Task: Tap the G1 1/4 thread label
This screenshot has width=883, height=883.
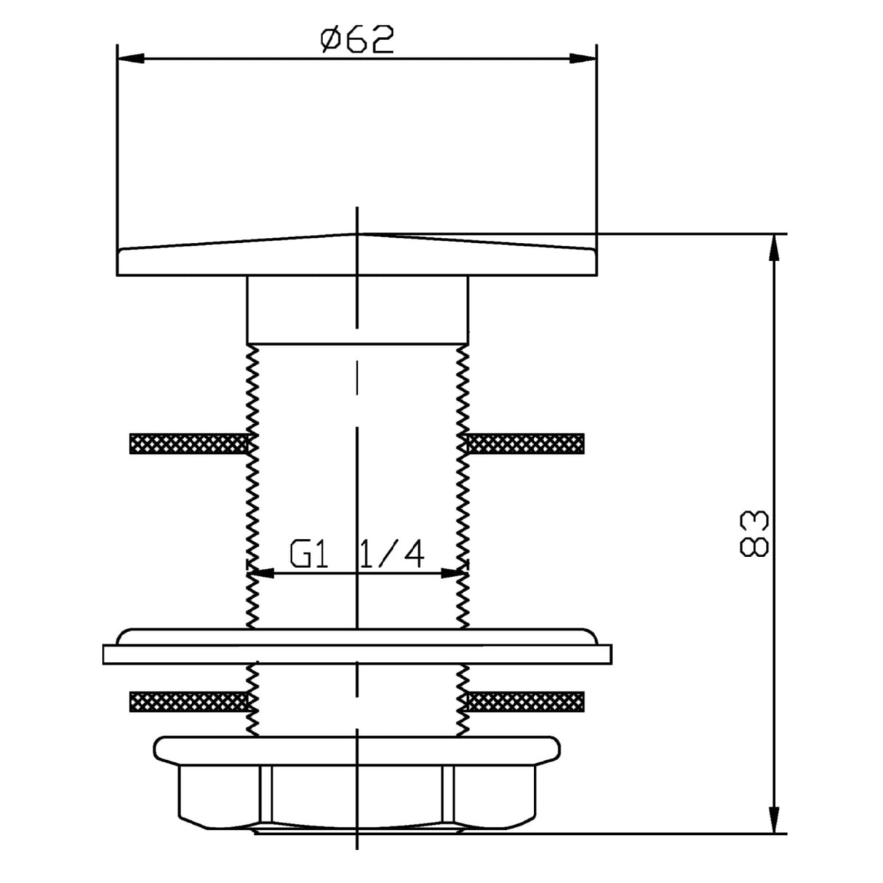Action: (356, 556)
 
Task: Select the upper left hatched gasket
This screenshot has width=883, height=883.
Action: (188, 444)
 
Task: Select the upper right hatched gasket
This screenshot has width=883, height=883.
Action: (525, 444)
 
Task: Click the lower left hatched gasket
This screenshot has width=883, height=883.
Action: (188, 701)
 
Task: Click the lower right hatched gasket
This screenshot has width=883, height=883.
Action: (525, 701)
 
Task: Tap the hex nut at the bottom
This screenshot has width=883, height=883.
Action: (356, 796)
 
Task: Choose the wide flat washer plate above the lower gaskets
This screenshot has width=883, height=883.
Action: (356, 653)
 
